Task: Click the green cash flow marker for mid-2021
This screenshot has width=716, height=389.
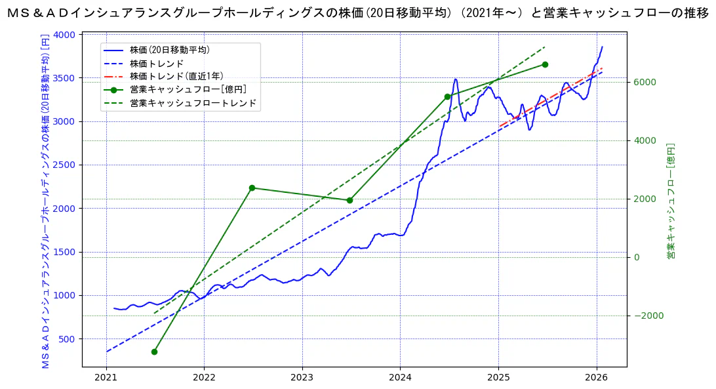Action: (154, 352)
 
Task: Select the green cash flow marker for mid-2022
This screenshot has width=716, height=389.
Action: (252, 188)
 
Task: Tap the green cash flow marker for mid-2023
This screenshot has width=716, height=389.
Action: (349, 200)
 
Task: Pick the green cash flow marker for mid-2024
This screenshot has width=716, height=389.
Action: (447, 96)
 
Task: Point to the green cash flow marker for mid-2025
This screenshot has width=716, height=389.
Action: (545, 64)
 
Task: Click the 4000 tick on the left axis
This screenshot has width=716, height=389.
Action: (66, 35)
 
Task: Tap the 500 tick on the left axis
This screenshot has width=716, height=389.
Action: (68, 339)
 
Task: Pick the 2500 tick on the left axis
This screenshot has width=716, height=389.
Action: (66, 165)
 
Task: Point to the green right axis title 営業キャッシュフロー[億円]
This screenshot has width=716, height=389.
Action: (671, 199)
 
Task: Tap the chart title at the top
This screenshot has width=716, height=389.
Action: (358, 13)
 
